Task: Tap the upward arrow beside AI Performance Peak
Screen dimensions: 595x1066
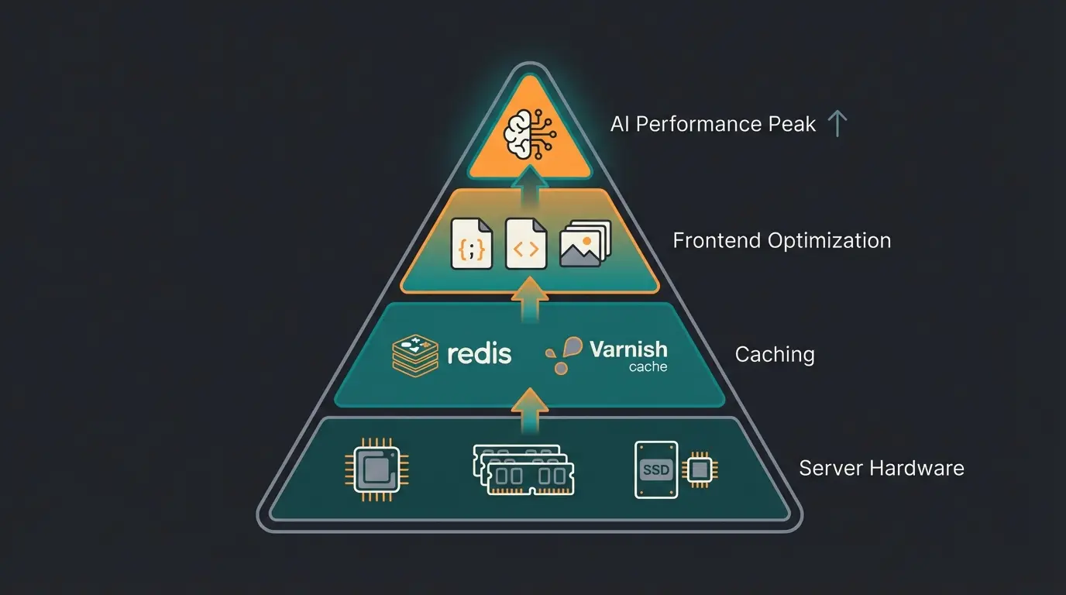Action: pyautogui.click(x=837, y=124)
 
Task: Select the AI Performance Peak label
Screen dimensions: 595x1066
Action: pyautogui.click(x=713, y=124)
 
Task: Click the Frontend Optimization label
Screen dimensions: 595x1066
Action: pyautogui.click(x=782, y=240)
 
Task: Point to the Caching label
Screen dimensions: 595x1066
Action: pyautogui.click(x=774, y=355)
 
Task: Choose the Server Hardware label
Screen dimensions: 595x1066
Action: pyautogui.click(x=881, y=468)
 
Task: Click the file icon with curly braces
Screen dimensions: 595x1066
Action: pyautogui.click(x=471, y=243)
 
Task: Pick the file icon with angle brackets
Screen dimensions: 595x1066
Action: pyautogui.click(x=526, y=243)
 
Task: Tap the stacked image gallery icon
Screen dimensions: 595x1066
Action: pyautogui.click(x=585, y=243)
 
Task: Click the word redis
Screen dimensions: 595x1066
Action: pyautogui.click(x=480, y=354)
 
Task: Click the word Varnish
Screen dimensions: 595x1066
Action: pyautogui.click(x=628, y=349)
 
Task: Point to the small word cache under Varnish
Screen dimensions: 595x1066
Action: pyautogui.click(x=648, y=367)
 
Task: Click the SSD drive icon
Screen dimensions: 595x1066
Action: pyautogui.click(x=655, y=469)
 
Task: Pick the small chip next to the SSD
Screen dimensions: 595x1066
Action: pyautogui.click(x=700, y=469)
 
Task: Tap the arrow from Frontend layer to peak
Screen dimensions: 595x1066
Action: pyautogui.click(x=530, y=189)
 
